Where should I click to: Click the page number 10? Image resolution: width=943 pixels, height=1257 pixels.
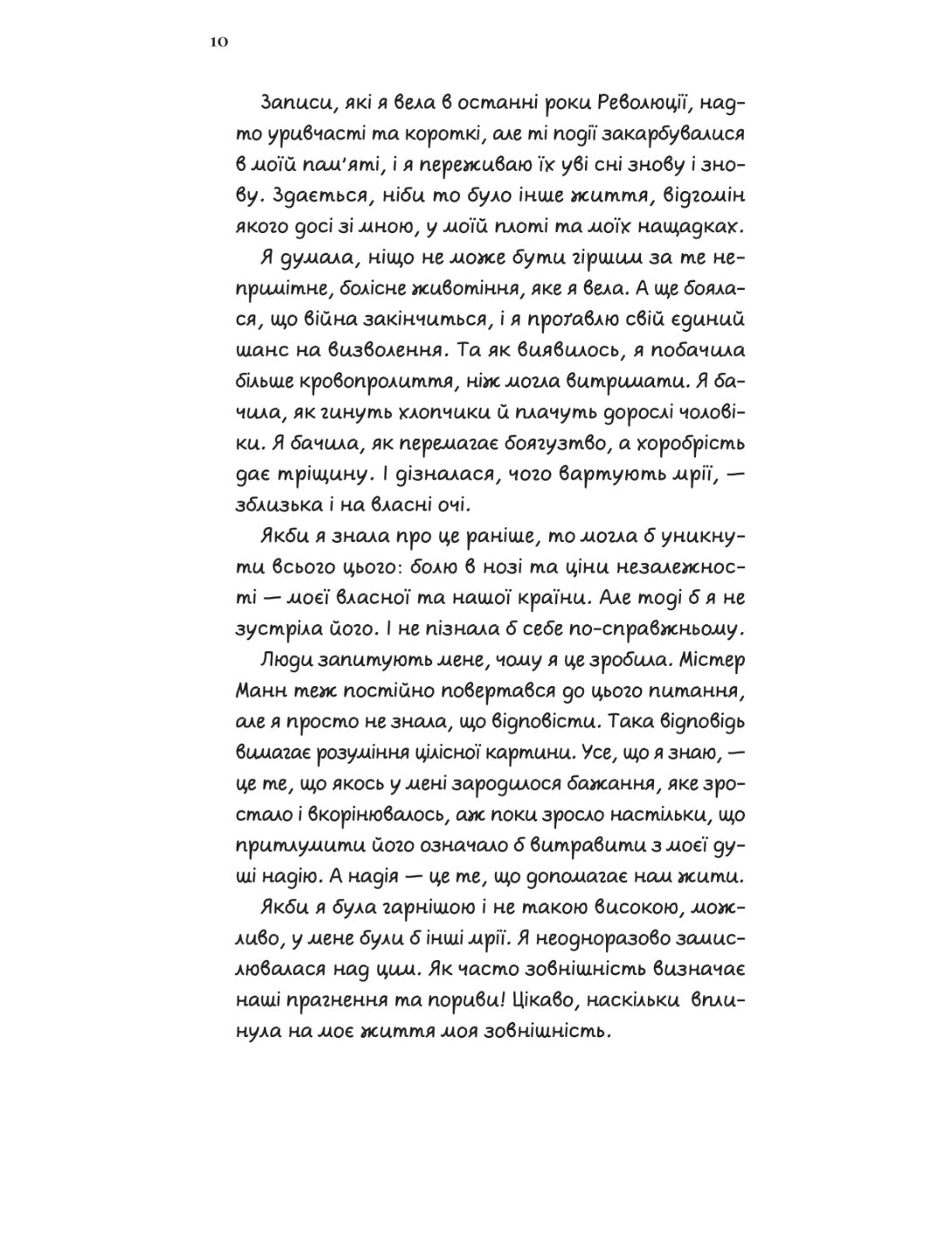coord(219,42)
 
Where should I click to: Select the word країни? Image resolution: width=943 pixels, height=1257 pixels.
coord(551,597)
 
